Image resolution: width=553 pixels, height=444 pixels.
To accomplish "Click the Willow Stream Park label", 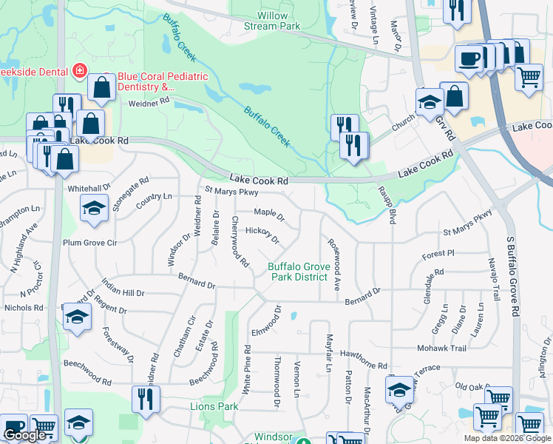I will pyautogui.click(x=272, y=20).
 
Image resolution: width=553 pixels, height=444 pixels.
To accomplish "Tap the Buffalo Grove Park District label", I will pyautogui.click(x=297, y=272).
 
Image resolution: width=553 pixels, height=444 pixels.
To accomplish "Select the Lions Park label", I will pyautogui.click(x=214, y=406).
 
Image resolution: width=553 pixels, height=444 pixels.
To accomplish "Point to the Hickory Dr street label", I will pyautogui.click(x=262, y=235).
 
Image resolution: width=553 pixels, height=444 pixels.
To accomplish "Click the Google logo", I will pyautogui.click(x=25, y=436).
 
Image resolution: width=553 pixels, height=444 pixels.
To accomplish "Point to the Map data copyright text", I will pyautogui.click(x=506, y=438).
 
